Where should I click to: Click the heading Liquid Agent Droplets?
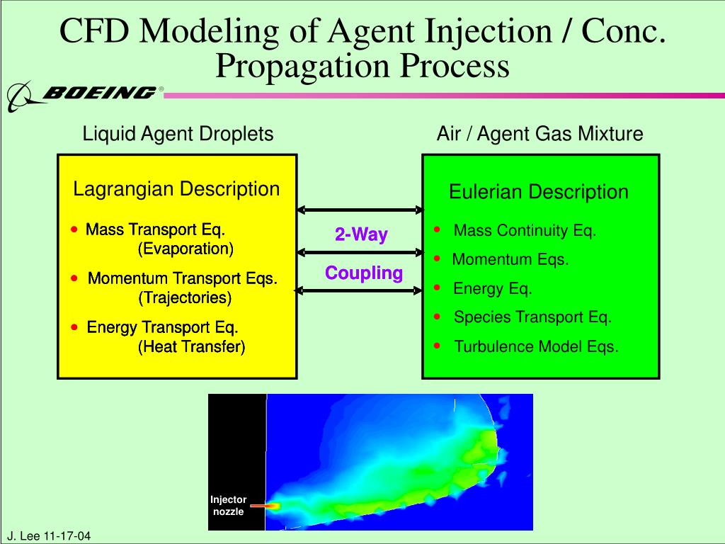[178, 134]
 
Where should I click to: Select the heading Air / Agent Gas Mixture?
[540, 134]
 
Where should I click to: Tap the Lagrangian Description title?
[176, 189]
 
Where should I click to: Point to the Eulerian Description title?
[539, 192]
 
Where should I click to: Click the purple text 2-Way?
[361, 234]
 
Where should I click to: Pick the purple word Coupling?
[364, 273]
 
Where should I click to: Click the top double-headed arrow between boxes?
[360, 210]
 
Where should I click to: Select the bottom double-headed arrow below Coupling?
[358, 290]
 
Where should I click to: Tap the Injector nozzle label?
[229, 506]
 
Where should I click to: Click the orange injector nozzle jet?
[266, 506]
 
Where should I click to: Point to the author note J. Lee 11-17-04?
[50, 536]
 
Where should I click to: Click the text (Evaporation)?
[185, 249]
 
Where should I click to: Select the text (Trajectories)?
[185, 297]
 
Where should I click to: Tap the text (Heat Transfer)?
[191, 346]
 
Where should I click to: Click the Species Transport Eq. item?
[532, 317]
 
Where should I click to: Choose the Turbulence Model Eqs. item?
[537, 346]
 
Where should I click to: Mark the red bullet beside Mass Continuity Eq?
[437, 229]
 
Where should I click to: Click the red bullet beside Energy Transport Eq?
[74, 327]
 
